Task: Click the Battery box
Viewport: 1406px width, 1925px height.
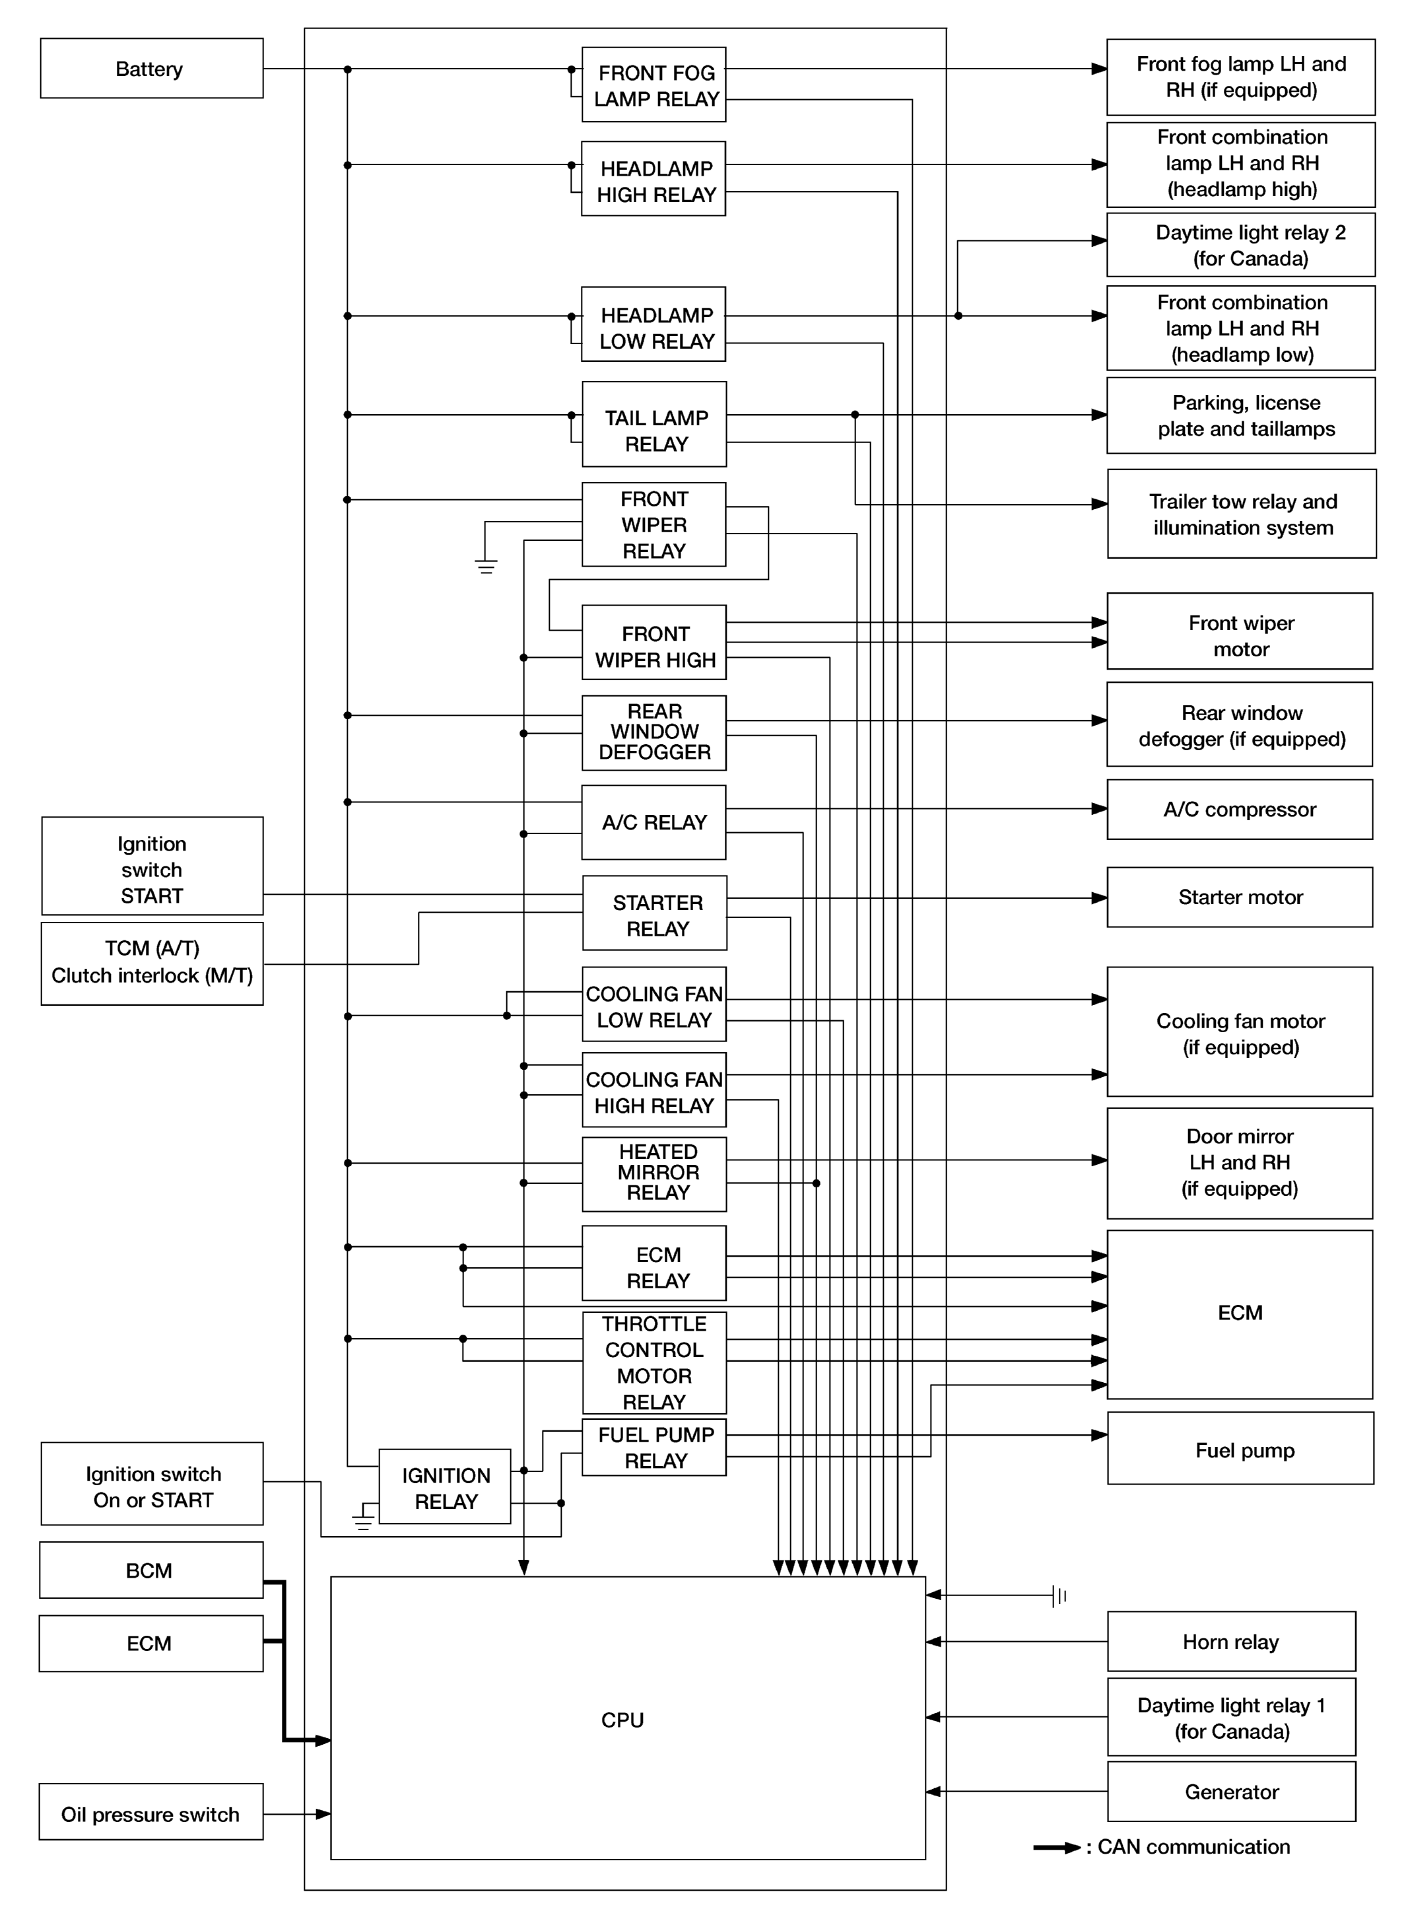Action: (x=152, y=68)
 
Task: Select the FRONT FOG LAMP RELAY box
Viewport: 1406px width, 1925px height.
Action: (x=653, y=85)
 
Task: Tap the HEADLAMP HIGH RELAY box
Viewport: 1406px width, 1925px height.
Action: (x=653, y=180)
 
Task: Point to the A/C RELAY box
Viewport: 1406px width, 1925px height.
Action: (x=653, y=822)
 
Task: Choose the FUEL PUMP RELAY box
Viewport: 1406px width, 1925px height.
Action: (x=653, y=1448)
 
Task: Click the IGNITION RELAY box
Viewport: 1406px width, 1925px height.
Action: (x=445, y=1487)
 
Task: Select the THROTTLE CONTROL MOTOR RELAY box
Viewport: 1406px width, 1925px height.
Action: (x=653, y=1362)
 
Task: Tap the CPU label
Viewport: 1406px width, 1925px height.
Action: (x=622, y=1720)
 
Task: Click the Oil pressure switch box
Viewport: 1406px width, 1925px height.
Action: (x=151, y=1813)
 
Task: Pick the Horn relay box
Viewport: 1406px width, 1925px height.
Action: (x=1230, y=1642)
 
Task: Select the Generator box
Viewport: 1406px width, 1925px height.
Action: (x=1230, y=1792)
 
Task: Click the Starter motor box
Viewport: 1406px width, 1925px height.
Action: (x=1239, y=897)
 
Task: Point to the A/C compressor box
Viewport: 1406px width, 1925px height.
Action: (x=1239, y=810)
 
